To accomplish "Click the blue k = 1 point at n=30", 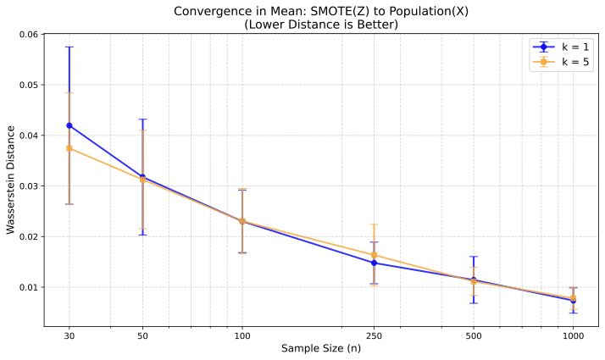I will (69, 125).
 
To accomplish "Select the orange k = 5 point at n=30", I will (69, 148).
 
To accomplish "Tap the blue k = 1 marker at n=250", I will (374, 263).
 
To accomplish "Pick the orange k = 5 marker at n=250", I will (374, 255).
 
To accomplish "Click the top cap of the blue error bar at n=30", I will (69, 47).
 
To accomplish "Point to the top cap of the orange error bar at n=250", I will (374, 224).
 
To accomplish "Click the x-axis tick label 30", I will (69, 336).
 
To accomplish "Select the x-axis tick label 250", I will (374, 336).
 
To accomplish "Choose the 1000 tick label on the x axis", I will (573, 336).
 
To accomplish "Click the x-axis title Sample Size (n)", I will (321, 349).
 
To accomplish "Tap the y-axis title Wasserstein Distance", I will (10, 180).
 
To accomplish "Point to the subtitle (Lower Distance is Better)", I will (321, 25).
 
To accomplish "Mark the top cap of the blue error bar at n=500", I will (474, 257).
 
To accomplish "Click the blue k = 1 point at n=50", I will (142, 177).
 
